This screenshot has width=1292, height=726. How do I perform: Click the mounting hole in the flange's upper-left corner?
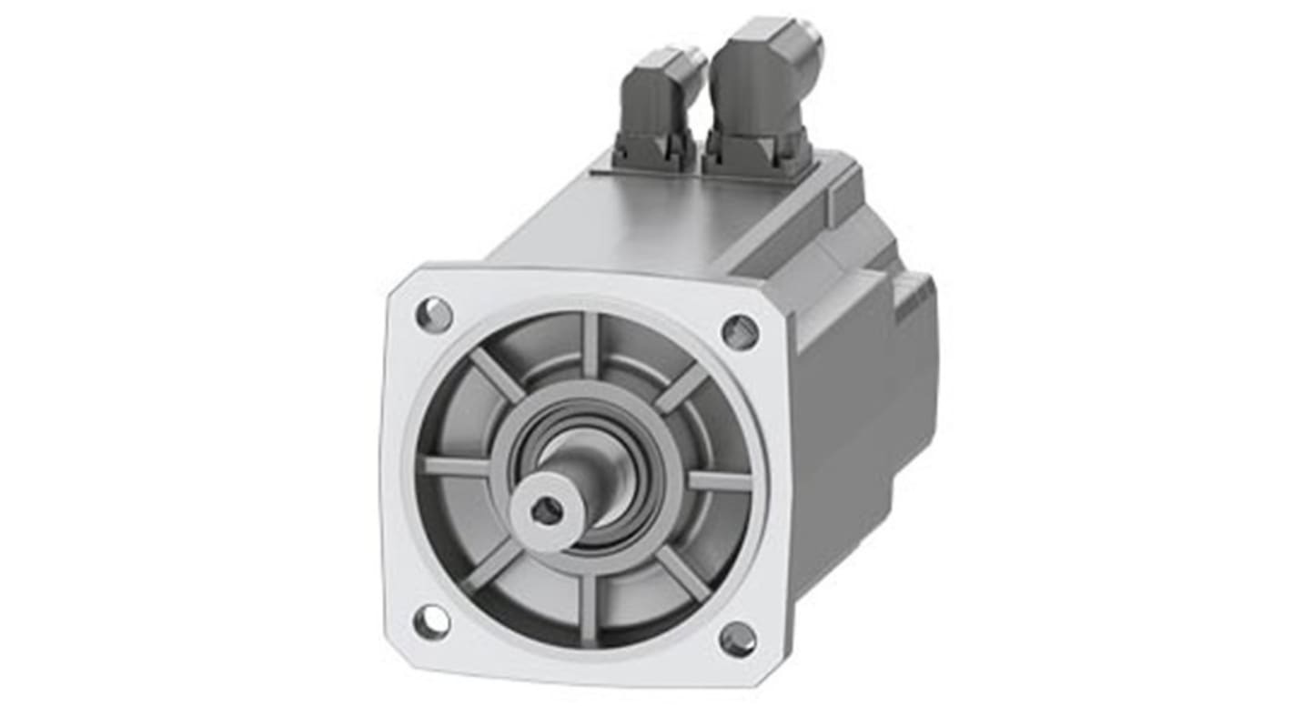[x=434, y=315]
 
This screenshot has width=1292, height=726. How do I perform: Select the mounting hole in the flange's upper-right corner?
[x=740, y=332]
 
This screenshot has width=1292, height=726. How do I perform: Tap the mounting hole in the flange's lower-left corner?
[x=430, y=622]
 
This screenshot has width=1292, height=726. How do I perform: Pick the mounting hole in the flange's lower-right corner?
[x=737, y=640]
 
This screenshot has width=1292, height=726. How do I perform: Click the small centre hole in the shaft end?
[x=546, y=512]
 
